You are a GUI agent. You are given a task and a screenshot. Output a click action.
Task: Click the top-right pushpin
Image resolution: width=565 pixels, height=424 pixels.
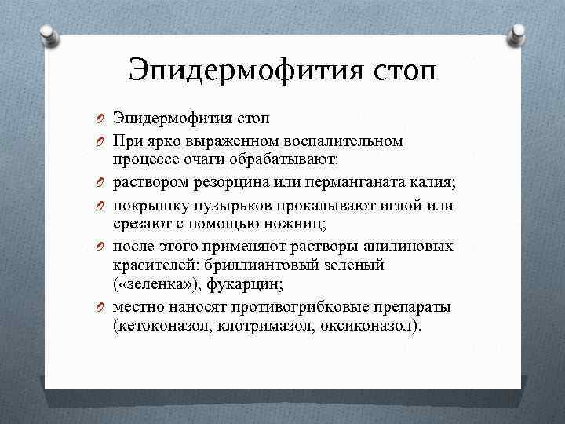[x=519, y=34]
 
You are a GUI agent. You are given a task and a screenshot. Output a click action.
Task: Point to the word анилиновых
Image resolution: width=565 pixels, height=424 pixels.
[x=408, y=246]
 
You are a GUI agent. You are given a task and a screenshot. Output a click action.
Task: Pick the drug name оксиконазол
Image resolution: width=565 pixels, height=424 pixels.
[x=370, y=325]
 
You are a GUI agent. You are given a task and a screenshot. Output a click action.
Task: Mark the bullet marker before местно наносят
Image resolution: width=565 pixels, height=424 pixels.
[x=101, y=307]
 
